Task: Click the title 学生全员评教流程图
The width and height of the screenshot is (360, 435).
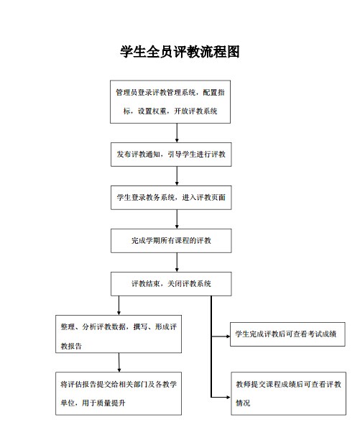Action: (x=180, y=52)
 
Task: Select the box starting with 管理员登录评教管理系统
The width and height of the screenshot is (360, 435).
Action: (x=170, y=102)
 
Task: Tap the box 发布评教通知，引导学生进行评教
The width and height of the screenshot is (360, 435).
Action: (x=171, y=155)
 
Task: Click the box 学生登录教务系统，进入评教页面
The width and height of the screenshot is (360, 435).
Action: (x=171, y=198)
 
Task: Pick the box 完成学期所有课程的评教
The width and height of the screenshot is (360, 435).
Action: (x=171, y=241)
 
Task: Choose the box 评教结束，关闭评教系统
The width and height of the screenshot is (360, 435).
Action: (x=171, y=283)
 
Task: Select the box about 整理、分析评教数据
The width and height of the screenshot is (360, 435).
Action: (x=119, y=334)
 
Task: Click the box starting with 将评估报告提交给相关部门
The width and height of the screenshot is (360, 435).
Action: (x=119, y=393)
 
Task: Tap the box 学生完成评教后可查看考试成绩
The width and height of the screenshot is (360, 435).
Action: (x=287, y=334)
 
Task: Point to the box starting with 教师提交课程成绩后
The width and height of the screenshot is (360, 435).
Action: (x=288, y=393)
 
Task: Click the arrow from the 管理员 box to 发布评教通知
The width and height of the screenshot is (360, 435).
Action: (x=177, y=133)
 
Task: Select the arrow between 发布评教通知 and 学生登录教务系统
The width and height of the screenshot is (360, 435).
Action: (x=177, y=176)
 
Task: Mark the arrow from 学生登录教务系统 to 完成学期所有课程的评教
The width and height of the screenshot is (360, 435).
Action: (x=177, y=219)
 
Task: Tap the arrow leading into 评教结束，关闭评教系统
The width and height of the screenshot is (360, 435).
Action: (x=177, y=262)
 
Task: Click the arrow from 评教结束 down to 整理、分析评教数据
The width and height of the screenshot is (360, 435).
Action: (x=119, y=305)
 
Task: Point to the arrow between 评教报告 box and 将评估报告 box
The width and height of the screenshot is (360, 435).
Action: (x=119, y=362)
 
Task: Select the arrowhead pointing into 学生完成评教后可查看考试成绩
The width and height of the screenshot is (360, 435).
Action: (x=229, y=336)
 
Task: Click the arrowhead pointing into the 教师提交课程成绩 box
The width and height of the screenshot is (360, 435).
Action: (x=229, y=398)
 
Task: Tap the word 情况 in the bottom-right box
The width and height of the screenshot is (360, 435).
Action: (x=243, y=403)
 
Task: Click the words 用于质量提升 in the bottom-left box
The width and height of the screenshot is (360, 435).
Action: (x=103, y=403)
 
